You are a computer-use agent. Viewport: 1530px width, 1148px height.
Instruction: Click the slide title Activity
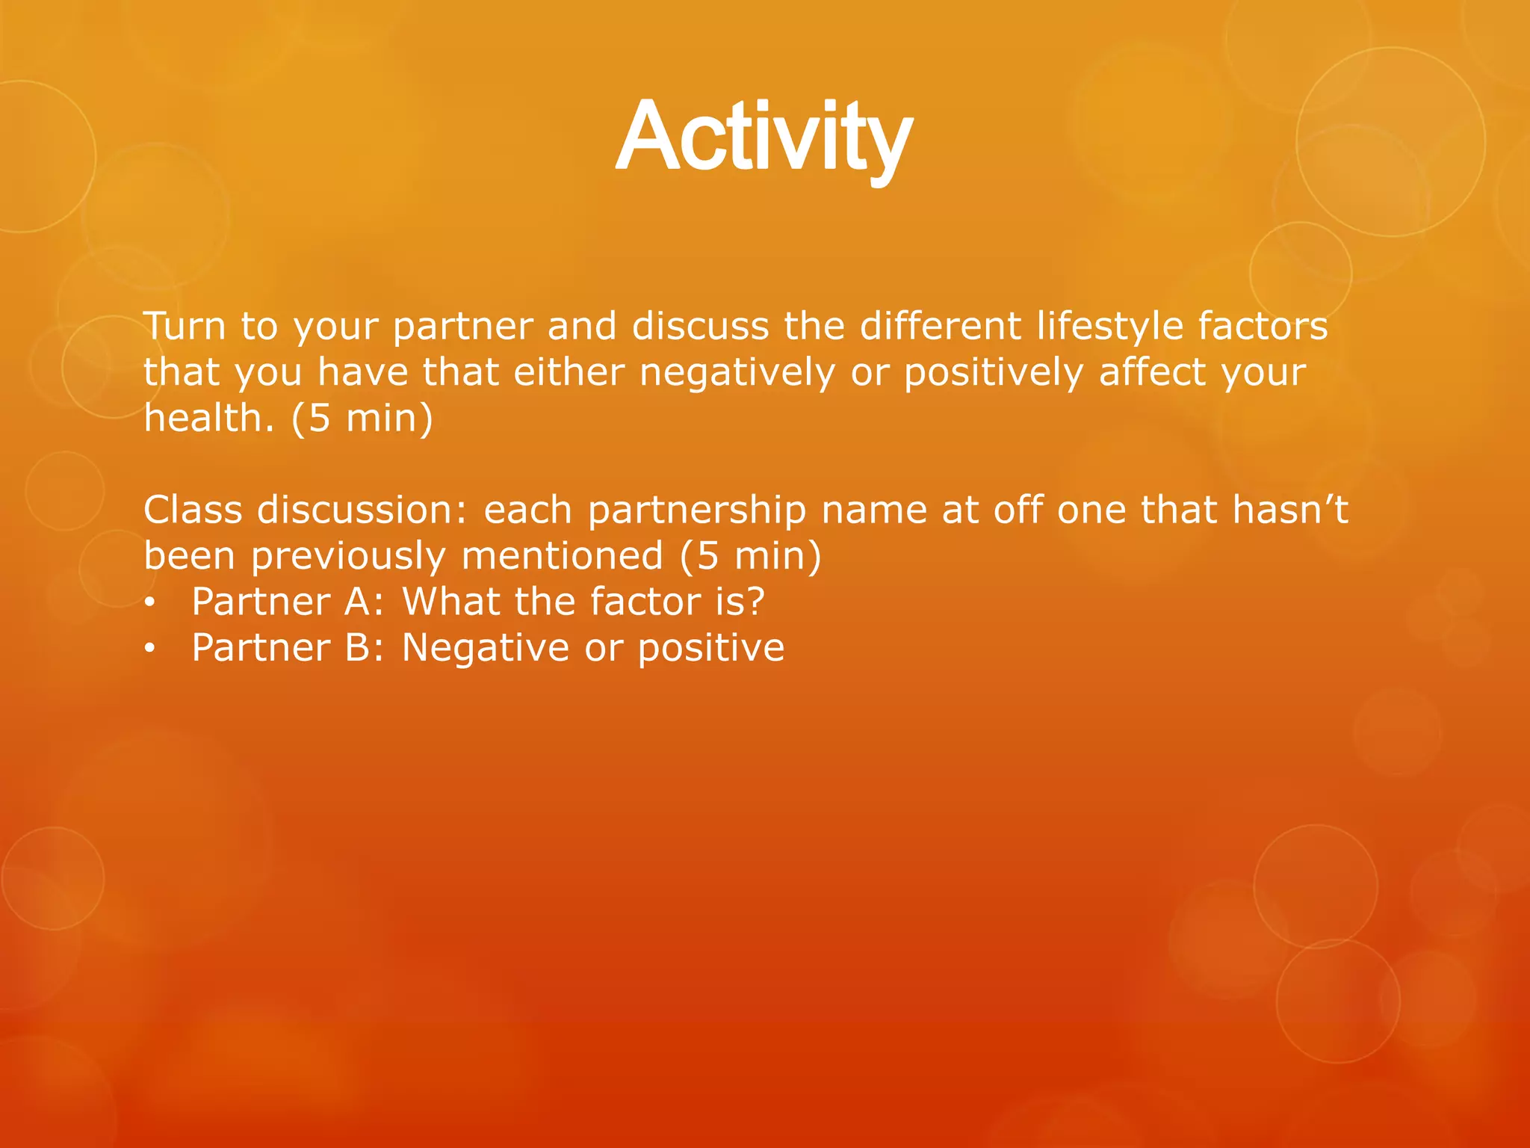tap(764, 138)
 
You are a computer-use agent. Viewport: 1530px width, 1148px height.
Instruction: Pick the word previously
tap(347, 557)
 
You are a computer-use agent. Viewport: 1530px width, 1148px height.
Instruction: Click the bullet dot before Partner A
tap(149, 604)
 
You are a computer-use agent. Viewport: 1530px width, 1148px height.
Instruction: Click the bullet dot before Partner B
tap(149, 649)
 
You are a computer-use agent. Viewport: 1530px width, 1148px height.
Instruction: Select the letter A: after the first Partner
tap(364, 602)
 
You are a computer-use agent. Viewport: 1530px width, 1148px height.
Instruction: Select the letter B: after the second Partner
tap(364, 647)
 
